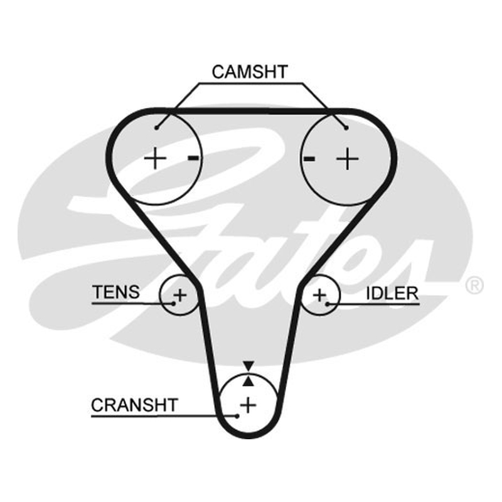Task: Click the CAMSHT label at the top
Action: pyautogui.click(x=250, y=72)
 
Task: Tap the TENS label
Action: pyautogui.click(x=116, y=292)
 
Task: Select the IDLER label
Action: pyautogui.click(x=392, y=293)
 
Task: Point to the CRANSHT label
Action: pyautogui.click(x=134, y=405)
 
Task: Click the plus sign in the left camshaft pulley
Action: pyautogui.click(x=155, y=158)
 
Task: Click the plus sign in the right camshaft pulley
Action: pyautogui.click(x=348, y=158)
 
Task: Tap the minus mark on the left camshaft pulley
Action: pyautogui.click(x=193, y=158)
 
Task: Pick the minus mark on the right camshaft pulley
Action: pyautogui.click(x=309, y=158)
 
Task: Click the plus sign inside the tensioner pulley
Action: pyautogui.click(x=179, y=295)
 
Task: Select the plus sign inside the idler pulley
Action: pyautogui.click(x=319, y=295)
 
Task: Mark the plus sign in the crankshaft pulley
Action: pyautogui.click(x=248, y=405)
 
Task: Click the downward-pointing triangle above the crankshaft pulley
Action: pyautogui.click(x=248, y=366)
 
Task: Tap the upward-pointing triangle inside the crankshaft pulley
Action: pyautogui.click(x=248, y=381)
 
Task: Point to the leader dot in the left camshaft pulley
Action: pyautogui.click(x=156, y=128)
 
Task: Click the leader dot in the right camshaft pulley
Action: pyautogui.click(x=346, y=128)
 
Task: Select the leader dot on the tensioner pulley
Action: pyautogui.click(x=174, y=304)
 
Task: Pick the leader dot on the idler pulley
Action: pyautogui.click(x=328, y=304)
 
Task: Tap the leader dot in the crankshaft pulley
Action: pyautogui.click(x=237, y=416)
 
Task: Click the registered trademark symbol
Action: pyautogui.click(x=474, y=286)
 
